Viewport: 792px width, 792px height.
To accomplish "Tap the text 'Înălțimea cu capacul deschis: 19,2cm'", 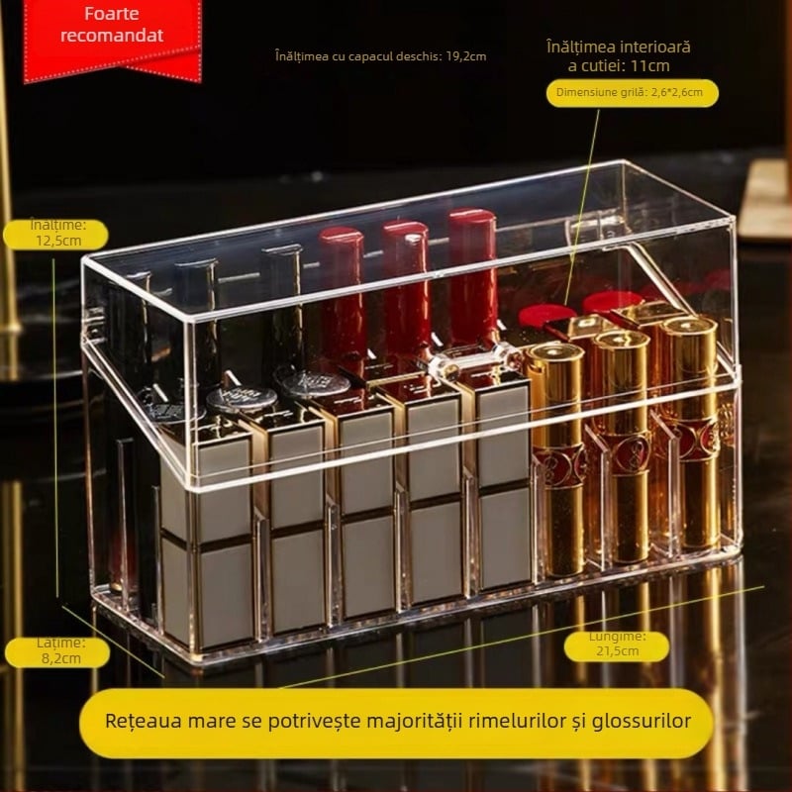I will (x=381, y=56).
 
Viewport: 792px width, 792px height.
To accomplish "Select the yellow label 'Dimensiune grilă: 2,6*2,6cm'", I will (x=632, y=93).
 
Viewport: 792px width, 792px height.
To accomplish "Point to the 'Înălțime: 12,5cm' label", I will (x=57, y=234).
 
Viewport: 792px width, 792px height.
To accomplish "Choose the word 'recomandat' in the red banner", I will (x=112, y=37).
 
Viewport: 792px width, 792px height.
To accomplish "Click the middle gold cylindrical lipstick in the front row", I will (x=623, y=445).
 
